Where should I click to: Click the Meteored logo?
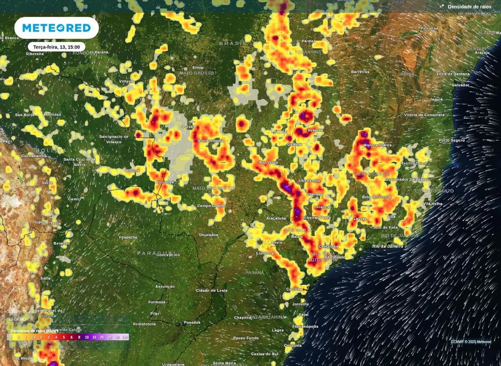click(57, 28)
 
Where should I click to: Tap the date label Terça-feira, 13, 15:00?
click(57, 47)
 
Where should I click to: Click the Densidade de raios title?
click(465, 6)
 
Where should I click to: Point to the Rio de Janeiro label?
click(389, 246)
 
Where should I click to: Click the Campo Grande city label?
click(211, 206)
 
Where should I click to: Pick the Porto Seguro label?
click(451, 140)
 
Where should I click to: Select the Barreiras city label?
click(360, 72)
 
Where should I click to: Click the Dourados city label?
click(209, 235)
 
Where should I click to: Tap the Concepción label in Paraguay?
click(168, 255)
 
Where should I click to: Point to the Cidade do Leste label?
click(212, 291)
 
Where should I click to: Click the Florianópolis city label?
click(305, 326)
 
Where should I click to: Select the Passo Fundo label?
click(246, 338)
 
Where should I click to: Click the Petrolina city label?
click(429, 28)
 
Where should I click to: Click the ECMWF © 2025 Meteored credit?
click(471, 342)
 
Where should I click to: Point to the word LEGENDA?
click(19, 319)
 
